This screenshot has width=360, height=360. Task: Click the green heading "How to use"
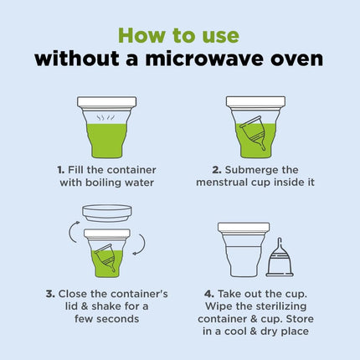coord(179,35)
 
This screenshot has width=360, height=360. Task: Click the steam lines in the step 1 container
coord(105,118)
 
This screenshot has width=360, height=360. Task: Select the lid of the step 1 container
coord(107,102)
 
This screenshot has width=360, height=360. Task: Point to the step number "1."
coord(61,170)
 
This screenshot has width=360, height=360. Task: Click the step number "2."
coord(217,170)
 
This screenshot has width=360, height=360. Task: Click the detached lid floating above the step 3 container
coord(107,213)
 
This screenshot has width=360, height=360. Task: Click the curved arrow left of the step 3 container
coord(74,232)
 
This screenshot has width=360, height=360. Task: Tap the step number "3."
coord(50,294)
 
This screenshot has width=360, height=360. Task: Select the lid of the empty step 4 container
coord(244,228)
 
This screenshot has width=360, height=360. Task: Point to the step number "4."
coord(209,294)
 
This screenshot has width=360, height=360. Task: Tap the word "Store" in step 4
coord(300,319)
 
